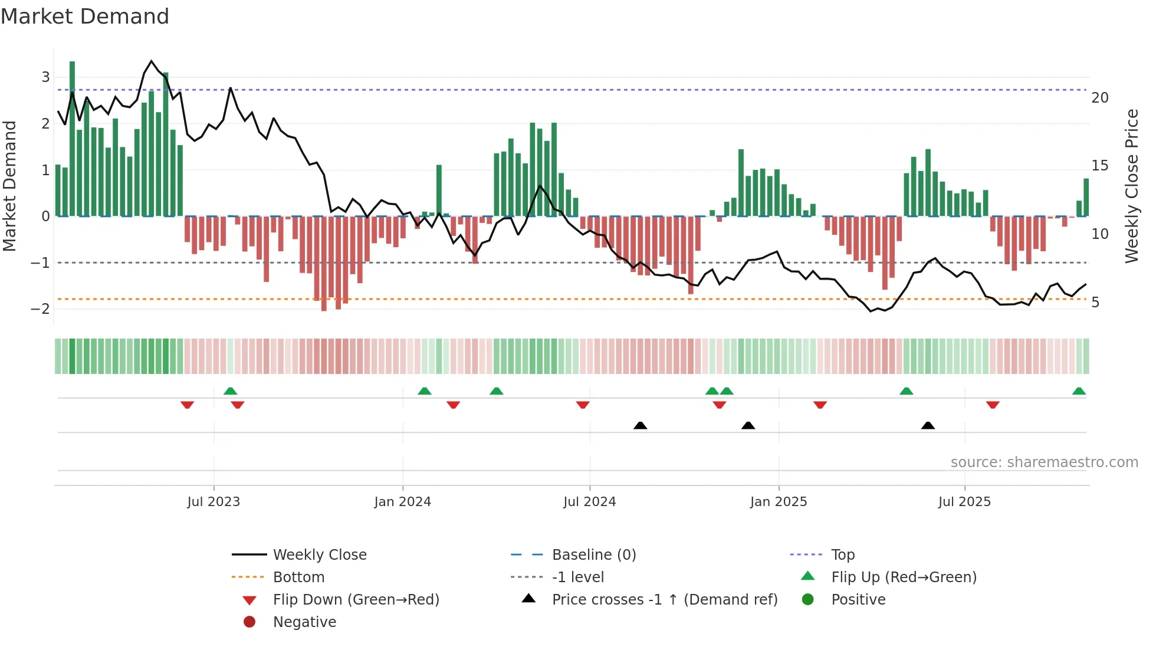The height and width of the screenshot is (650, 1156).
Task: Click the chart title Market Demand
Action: tap(85, 17)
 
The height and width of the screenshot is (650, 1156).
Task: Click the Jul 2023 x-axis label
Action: tap(214, 502)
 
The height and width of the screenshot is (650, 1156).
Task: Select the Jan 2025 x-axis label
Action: tap(779, 502)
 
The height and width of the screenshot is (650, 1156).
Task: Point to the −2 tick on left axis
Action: tap(40, 309)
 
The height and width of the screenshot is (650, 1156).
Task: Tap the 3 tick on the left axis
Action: tap(45, 77)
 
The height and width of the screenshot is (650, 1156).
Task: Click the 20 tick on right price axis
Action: tap(1100, 98)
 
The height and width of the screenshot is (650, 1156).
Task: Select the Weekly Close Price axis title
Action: tap(1131, 186)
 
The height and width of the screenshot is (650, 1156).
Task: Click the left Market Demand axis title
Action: tap(10, 186)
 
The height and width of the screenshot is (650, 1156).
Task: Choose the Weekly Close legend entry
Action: tap(319, 555)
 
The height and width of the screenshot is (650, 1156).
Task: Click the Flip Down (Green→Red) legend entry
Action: tap(356, 600)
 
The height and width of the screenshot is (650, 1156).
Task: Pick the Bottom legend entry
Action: tap(298, 577)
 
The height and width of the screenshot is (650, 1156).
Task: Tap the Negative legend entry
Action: tap(304, 622)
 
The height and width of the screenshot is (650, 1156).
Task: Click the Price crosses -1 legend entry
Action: tap(664, 600)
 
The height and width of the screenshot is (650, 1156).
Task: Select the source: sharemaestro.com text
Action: tap(1044, 462)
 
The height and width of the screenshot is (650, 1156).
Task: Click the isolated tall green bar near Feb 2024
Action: tap(439, 190)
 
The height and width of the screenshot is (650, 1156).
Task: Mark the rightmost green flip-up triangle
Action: tap(1079, 391)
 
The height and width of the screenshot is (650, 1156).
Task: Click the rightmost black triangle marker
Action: tap(928, 426)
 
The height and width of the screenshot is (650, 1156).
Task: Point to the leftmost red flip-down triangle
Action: tap(187, 405)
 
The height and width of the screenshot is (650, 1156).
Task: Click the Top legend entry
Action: tap(842, 555)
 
